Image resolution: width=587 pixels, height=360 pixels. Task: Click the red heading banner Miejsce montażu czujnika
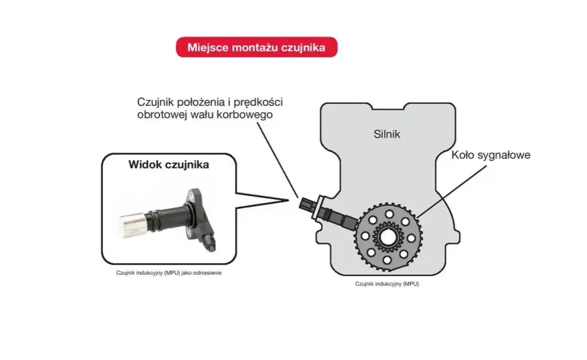coord(256,47)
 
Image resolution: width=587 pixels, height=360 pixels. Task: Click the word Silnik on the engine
coord(387,134)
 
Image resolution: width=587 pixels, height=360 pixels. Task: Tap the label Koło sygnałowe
coord(491,155)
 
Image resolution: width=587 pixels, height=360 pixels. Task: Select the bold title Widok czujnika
coord(169,165)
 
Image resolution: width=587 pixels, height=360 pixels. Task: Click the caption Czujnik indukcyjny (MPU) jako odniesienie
coord(169,273)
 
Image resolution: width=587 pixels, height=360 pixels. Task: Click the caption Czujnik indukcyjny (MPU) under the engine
coord(387,283)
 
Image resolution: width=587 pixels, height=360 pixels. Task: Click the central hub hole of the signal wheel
coord(387,237)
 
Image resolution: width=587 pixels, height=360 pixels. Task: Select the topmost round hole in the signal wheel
coord(390,214)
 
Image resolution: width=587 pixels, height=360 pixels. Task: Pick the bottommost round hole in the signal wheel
coord(387,260)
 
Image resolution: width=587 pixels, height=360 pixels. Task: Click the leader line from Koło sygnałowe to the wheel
coord(452,191)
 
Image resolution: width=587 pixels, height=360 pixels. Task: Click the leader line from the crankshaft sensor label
coord(277,160)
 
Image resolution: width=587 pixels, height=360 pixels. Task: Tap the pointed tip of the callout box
coord(289,200)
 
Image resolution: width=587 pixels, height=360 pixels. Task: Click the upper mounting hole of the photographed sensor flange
coord(191,194)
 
